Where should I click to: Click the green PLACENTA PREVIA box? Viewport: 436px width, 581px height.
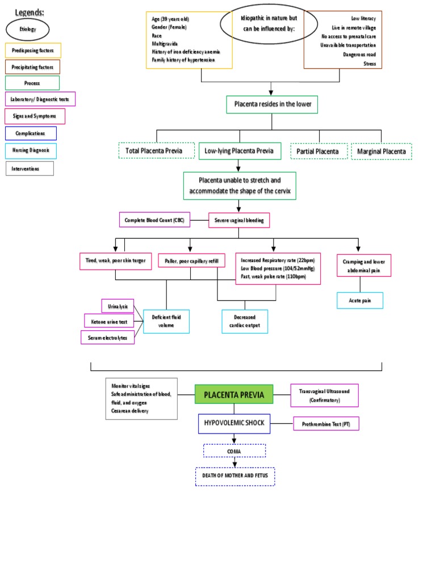(x=234, y=394)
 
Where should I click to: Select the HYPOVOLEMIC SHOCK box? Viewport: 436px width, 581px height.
(x=234, y=423)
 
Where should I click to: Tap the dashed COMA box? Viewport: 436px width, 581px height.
(x=234, y=451)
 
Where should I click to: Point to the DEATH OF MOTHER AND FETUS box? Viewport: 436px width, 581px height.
(x=235, y=477)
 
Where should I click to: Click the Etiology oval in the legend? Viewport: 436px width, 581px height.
(x=27, y=29)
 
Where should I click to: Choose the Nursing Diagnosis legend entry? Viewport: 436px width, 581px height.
(x=32, y=150)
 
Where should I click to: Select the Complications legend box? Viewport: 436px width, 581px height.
(x=31, y=133)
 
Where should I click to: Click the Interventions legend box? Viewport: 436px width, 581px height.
(x=30, y=169)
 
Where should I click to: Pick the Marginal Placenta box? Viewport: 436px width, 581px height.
(x=381, y=151)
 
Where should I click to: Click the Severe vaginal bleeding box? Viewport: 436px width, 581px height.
(x=239, y=220)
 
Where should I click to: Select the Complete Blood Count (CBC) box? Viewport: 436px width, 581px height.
(x=154, y=220)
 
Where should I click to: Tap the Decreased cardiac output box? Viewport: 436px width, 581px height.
(x=245, y=321)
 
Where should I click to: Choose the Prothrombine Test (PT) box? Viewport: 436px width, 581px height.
(x=326, y=423)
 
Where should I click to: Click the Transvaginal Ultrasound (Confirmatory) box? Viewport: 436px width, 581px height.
(x=324, y=395)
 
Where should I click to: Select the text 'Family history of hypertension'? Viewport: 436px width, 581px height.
(x=183, y=60)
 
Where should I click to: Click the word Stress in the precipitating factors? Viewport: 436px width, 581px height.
(x=370, y=64)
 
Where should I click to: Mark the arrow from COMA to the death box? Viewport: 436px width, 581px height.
(x=234, y=462)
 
